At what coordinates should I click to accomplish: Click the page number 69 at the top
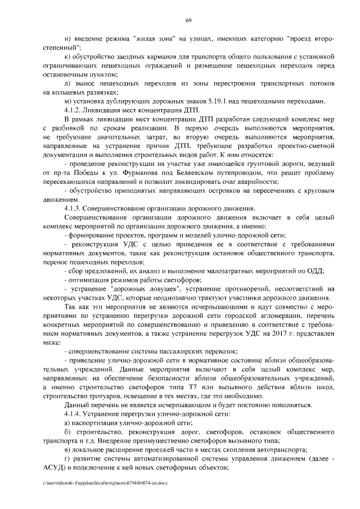click(x=189, y=21)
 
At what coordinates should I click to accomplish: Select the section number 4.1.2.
click(x=74, y=110)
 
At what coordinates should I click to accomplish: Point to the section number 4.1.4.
click(x=74, y=414)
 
